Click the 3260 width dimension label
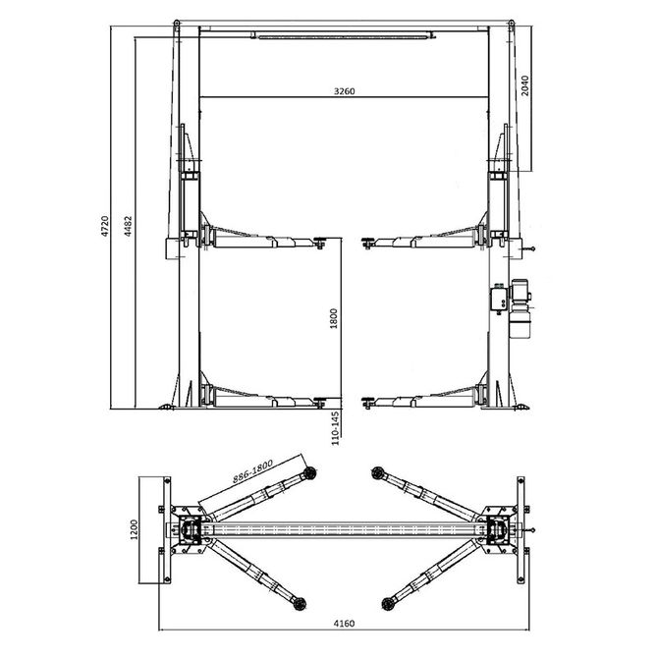coord(344,90)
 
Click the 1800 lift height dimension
coord(334,319)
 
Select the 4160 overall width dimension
coord(344,623)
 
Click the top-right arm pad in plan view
coord(378,473)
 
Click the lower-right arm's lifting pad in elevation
coord(367,399)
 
